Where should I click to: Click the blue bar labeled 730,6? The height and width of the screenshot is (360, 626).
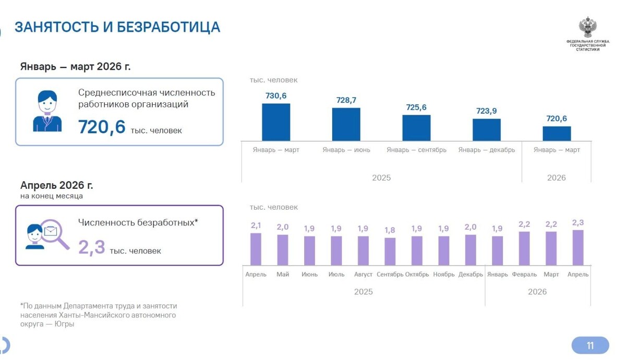276,122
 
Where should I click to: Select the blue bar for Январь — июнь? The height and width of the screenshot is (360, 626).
346,124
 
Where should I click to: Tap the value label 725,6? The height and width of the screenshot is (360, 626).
416,107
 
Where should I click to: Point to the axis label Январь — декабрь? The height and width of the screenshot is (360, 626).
487,150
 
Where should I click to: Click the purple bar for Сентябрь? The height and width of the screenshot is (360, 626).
390,251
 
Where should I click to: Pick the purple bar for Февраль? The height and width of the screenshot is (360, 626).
524,248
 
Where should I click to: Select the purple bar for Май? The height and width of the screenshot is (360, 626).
283,250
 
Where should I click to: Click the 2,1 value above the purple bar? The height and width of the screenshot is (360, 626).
256,225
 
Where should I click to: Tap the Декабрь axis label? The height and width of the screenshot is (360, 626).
471,274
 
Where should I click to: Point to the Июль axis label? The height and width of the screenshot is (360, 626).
336,274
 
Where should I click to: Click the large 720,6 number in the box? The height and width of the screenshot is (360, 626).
102,127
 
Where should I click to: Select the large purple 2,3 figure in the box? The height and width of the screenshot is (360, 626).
92,247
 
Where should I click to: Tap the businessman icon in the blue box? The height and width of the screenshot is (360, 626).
47,111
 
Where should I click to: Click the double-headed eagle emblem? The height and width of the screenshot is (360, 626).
588,27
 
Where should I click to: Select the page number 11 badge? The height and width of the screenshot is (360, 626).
590,345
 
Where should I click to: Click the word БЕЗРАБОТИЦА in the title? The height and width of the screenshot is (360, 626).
168,27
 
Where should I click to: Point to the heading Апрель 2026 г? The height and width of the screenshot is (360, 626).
57,185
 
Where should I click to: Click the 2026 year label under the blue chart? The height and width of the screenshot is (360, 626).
557,178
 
